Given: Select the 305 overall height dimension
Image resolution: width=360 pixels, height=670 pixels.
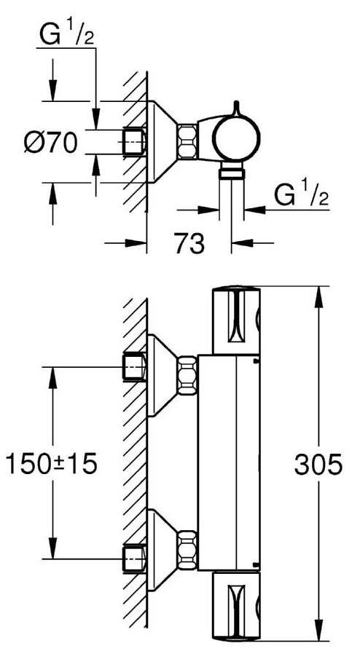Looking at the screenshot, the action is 318,464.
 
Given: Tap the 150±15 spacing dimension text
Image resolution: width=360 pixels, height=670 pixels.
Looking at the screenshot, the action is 51,464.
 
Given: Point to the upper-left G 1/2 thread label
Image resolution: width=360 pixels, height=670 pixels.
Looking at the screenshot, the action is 67,35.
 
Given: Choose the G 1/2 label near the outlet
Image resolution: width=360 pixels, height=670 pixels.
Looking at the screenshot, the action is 301,195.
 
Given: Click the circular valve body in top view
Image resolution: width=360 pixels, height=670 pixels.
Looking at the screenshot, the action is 236,138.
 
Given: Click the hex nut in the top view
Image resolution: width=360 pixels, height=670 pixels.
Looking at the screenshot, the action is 187,142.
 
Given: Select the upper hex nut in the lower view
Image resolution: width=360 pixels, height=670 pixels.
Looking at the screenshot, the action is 187,376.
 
